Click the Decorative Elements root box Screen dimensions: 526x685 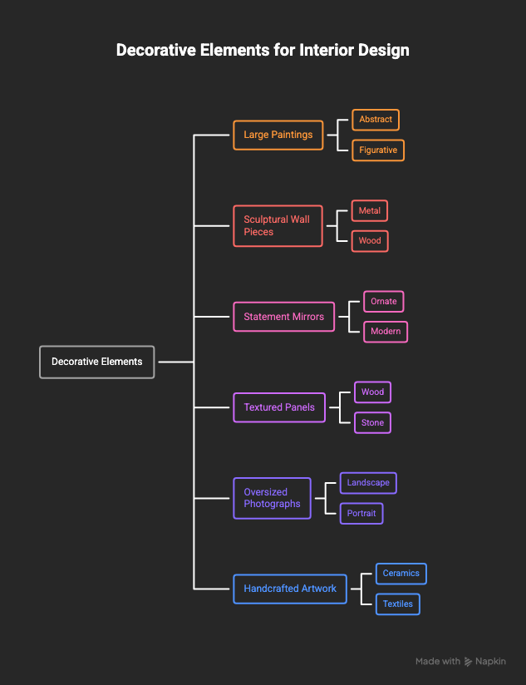(x=97, y=362)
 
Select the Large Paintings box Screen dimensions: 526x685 (x=278, y=135)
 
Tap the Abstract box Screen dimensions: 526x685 (x=376, y=120)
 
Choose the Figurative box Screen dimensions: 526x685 (x=378, y=150)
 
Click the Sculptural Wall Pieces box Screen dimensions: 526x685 (x=278, y=226)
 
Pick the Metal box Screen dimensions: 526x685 (x=369, y=210)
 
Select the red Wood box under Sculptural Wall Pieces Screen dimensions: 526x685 (x=370, y=241)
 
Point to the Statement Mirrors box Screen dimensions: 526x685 (x=283, y=317)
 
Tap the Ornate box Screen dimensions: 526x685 (x=384, y=302)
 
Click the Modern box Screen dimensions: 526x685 (x=386, y=332)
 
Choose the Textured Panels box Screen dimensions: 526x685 (x=279, y=407)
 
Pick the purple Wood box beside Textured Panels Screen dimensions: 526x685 (x=372, y=392)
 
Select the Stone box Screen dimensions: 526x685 (x=372, y=422)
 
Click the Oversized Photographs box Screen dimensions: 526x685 (x=272, y=498)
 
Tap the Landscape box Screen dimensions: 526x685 (x=368, y=483)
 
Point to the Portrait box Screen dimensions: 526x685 (x=361, y=513)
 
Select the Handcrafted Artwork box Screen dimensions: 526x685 (x=290, y=589)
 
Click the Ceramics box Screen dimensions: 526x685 (x=401, y=574)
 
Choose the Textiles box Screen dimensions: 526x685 (x=398, y=604)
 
